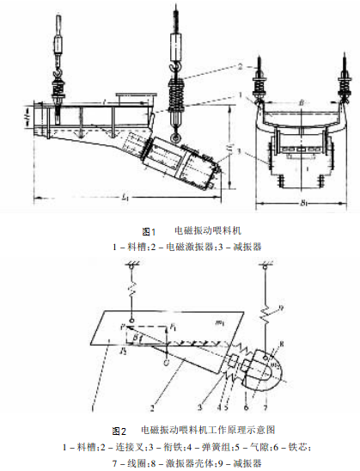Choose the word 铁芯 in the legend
(314, 445)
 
